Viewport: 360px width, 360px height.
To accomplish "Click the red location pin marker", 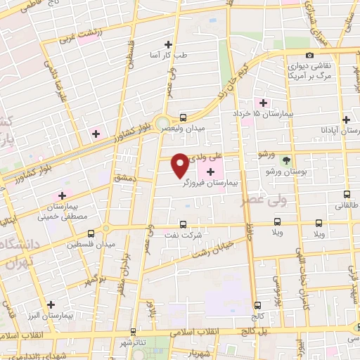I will pos(181,165).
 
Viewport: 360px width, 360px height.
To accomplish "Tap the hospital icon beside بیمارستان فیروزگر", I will pos(210,172).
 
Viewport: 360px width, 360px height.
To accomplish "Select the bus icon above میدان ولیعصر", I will pos(183,117).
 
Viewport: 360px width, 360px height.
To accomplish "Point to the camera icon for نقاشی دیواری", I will pos(309,56).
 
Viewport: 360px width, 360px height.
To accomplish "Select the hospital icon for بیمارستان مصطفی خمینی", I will pos(61,195).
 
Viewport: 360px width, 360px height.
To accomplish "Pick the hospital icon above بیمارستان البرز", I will pos(51,304).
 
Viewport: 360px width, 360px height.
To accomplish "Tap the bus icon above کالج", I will pos(257,305).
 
